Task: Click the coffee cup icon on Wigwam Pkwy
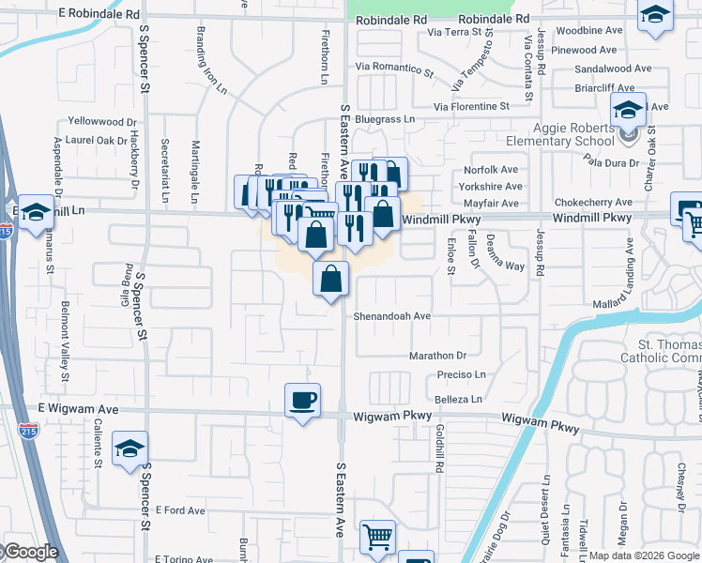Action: point(302,401)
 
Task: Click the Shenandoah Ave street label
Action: point(391,316)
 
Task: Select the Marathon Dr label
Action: point(437,356)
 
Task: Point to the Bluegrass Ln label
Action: point(385,119)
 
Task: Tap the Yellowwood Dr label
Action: point(103,122)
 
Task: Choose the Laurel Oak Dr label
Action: point(97,141)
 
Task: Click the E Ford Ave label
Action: point(180,510)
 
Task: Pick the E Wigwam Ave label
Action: point(78,409)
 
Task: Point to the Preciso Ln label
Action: point(461,374)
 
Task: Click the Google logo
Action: point(30,553)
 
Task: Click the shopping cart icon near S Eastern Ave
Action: point(377,538)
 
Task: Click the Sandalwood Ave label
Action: point(613,68)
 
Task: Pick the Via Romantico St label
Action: point(395,68)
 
